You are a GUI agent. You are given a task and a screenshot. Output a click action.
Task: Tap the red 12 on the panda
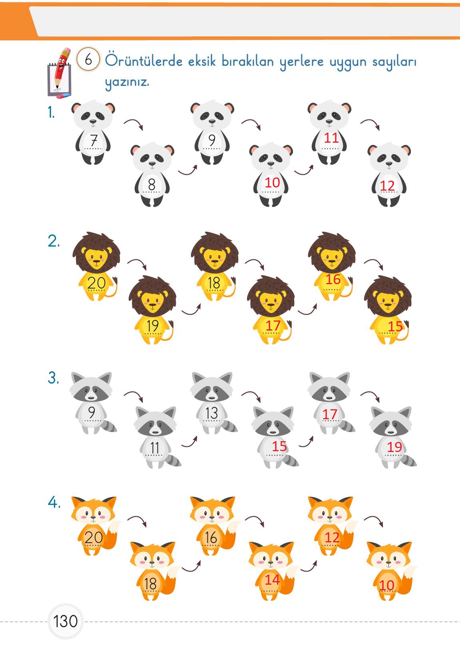[387, 186]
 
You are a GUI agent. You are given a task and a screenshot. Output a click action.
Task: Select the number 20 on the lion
[96, 283]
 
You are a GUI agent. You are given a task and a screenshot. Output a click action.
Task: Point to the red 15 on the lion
[395, 326]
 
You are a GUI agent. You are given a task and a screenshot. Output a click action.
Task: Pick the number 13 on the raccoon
[211, 413]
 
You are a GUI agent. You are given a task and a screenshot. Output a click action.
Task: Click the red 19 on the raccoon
[394, 447]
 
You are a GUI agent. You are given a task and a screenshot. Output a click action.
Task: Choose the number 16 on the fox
[211, 538]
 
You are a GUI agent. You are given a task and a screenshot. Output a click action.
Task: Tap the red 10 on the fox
[386, 585]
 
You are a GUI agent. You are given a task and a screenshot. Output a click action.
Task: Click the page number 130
[66, 621]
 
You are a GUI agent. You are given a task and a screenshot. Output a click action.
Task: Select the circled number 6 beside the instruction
[88, 59]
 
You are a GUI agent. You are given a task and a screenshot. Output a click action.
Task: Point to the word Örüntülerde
[144, 61]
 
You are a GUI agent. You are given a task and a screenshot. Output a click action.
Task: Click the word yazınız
[127, 82]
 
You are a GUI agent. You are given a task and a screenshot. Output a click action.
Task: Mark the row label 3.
[53, 378]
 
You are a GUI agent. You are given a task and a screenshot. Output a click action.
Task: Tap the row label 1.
[51, 112]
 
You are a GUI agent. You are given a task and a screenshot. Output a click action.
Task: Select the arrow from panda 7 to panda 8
[134, 123]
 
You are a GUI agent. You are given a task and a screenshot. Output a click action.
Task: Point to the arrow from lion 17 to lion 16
[308, 310]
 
